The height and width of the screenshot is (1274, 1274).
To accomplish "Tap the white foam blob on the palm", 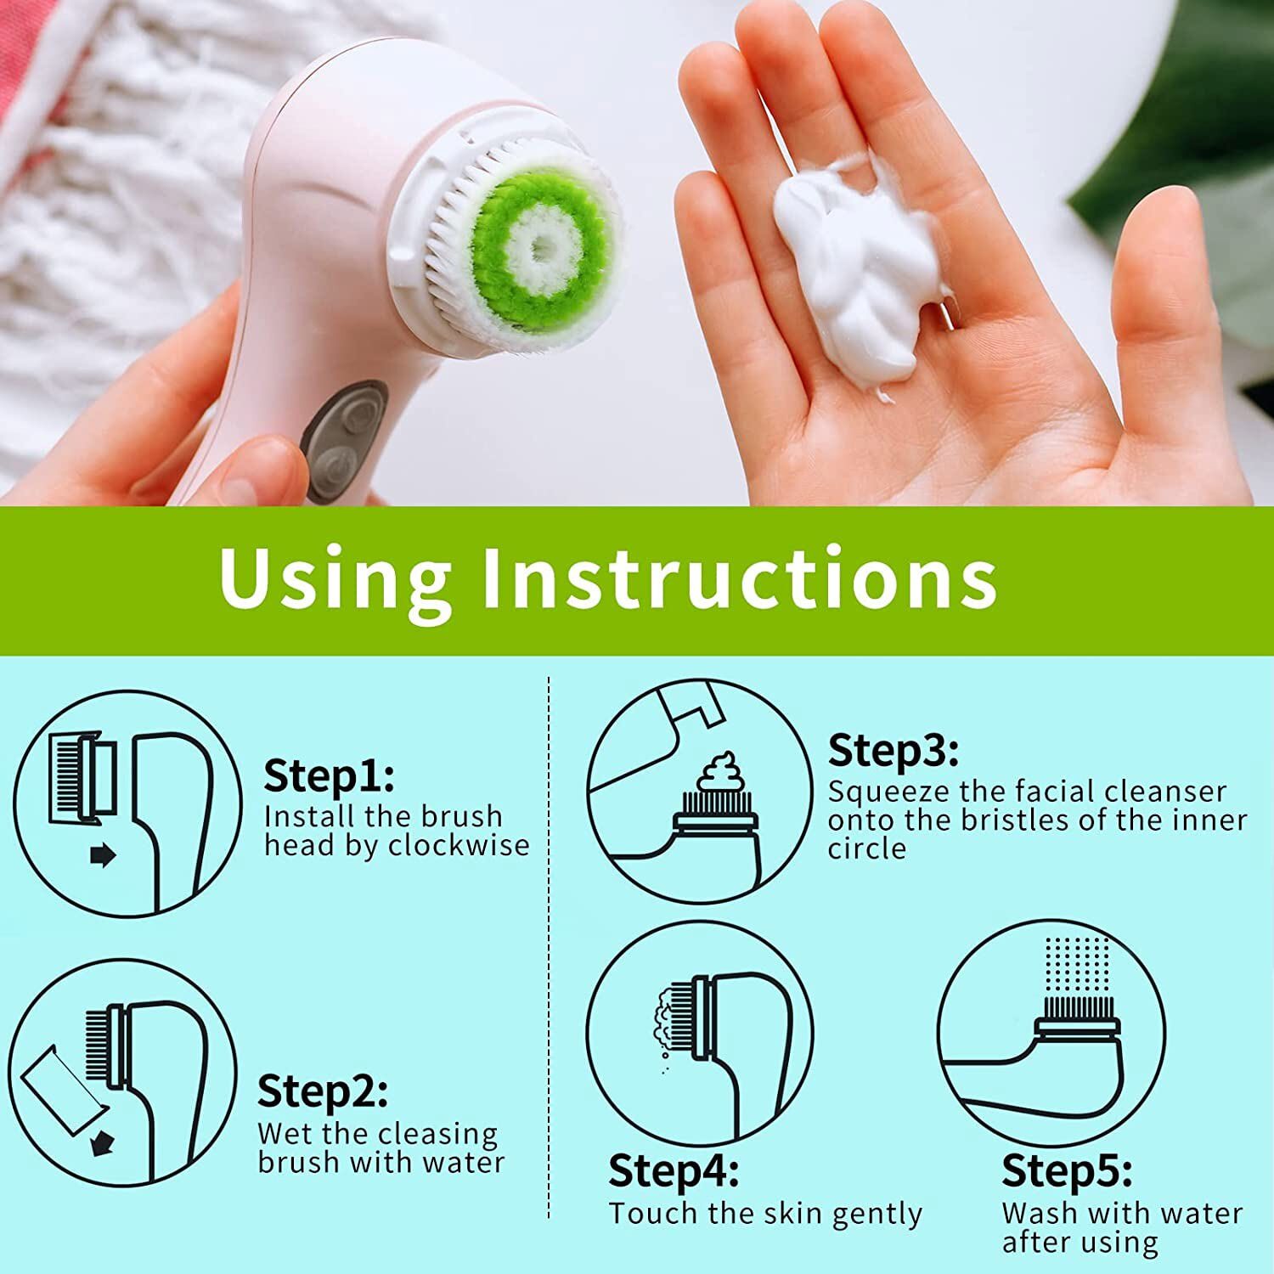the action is (x=858, y=272).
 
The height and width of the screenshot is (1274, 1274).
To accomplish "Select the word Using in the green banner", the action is (x=335, y=579).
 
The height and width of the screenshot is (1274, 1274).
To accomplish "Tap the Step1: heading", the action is (x=329, y=775).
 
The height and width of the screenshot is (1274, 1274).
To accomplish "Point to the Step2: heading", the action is (x=323, y=1091).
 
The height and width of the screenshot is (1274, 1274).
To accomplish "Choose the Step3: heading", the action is (x=893, y=751).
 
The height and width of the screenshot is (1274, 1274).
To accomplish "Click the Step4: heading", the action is (x=674, y=1171).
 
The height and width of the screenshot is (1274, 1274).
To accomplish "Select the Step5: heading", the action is (x=1067, y=1171).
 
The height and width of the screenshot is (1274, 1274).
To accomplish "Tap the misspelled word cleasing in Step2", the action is (x=438, y=1136).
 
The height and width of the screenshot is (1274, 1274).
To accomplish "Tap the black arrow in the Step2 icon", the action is (x=101, y=1143).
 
